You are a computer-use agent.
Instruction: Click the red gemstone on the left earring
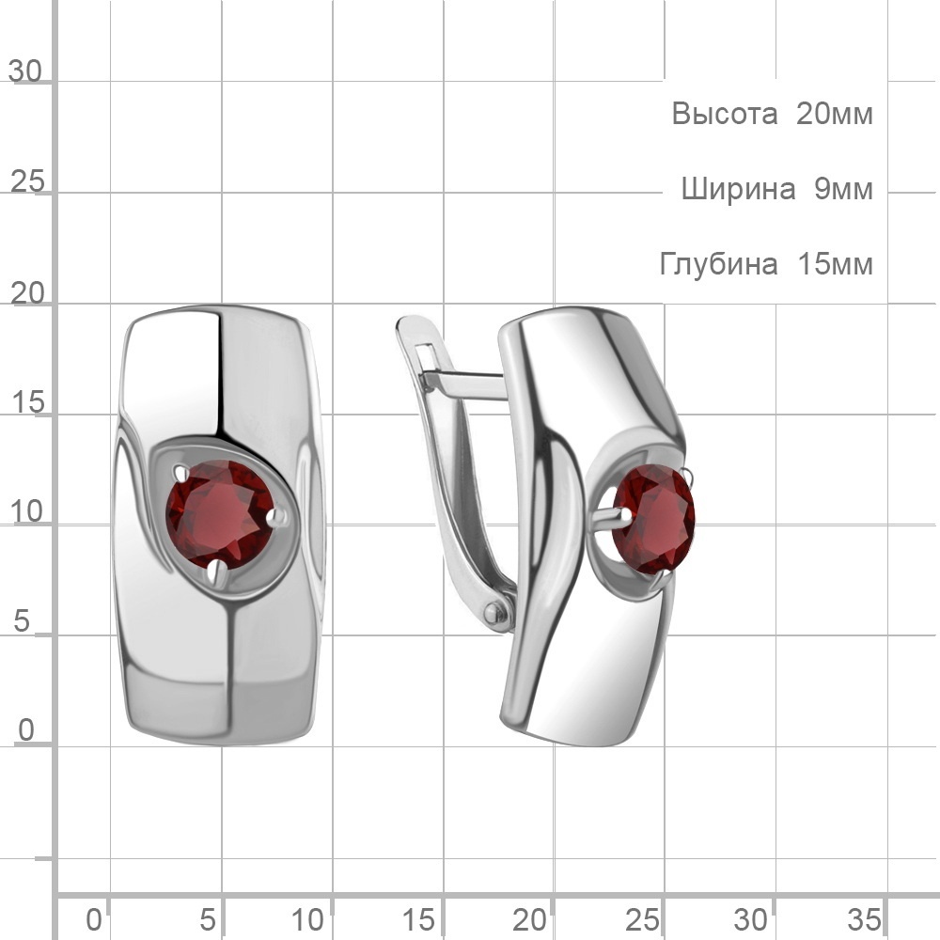[x=221, y=515]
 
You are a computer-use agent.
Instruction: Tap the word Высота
[x=724, y=114]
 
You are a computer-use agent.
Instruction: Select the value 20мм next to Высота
[x=834, y=114]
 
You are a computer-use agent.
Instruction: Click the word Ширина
[x=738, y=189]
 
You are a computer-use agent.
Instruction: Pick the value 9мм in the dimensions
[x=843, y=189]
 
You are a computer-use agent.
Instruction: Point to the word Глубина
[x=718, y=264]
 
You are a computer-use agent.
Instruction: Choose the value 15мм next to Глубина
[x=835, y=264]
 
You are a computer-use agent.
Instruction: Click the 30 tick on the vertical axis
[x=25, y=71]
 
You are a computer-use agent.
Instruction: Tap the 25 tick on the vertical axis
[x=27, y=181]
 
